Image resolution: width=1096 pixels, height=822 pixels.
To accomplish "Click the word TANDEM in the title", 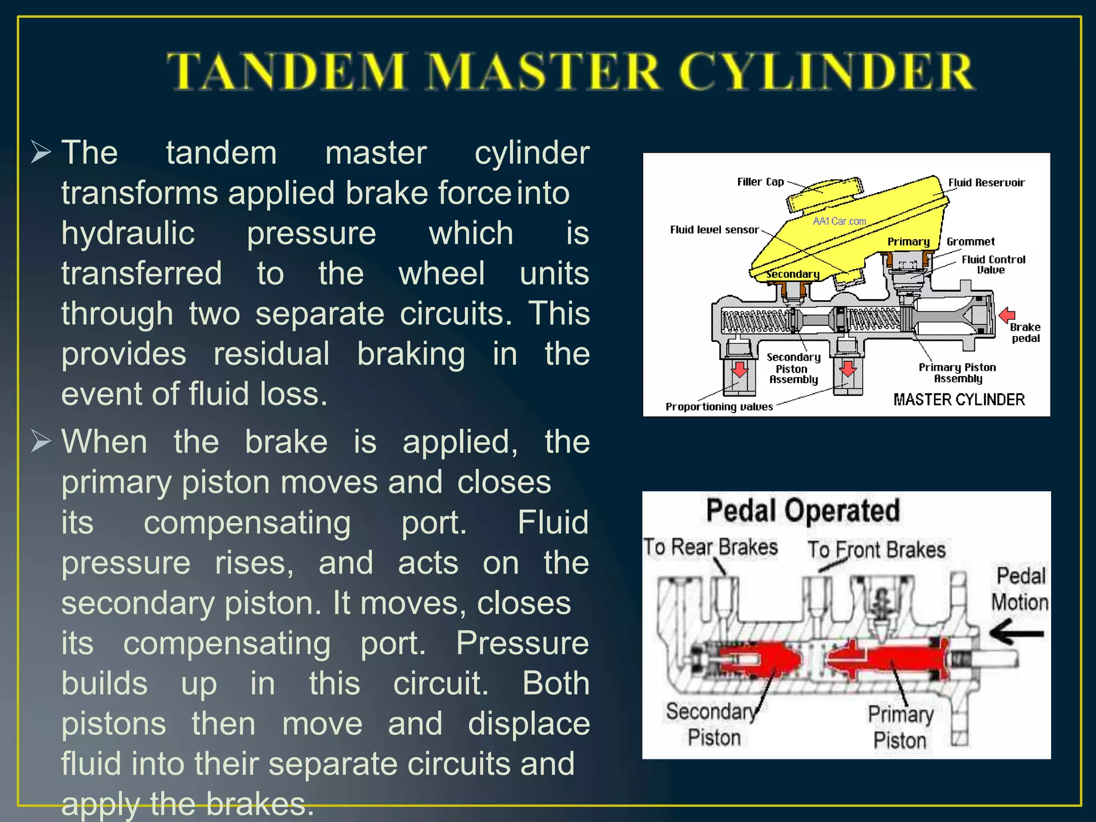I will pos(287,71).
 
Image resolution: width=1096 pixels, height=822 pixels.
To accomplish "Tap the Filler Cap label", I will pos(760,182).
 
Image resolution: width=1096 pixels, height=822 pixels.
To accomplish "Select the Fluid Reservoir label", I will pos(986,182).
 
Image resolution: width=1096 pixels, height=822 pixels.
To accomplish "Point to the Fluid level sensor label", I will pos(714,230).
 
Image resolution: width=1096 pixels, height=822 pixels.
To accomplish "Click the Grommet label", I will pos(970,241).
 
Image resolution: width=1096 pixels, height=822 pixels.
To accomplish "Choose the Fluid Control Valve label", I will pos(993,264).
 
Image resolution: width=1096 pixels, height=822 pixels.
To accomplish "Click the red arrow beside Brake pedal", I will pos(1007,315).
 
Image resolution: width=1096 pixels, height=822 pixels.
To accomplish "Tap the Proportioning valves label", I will pos(719,407).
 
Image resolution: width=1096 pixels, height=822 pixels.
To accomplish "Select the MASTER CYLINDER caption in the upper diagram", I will pos(958,400).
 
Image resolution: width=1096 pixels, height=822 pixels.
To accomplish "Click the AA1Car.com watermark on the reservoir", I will pos(839,221).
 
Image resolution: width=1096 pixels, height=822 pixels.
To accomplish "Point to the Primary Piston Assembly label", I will pos(957,373).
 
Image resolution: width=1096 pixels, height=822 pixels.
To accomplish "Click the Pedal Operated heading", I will pos(803,510).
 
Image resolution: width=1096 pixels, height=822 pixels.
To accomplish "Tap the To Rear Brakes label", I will pos(710,547).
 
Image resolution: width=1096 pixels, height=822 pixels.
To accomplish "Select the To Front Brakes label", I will pos(876,550).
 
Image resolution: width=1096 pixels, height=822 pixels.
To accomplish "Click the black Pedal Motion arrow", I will pos(1016,633).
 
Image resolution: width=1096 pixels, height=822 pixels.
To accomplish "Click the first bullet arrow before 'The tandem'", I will pos(41,152).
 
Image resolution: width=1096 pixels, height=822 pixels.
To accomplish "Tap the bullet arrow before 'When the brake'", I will pos(41,442).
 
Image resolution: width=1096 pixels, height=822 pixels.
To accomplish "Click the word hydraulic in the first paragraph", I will pos(128,233).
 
